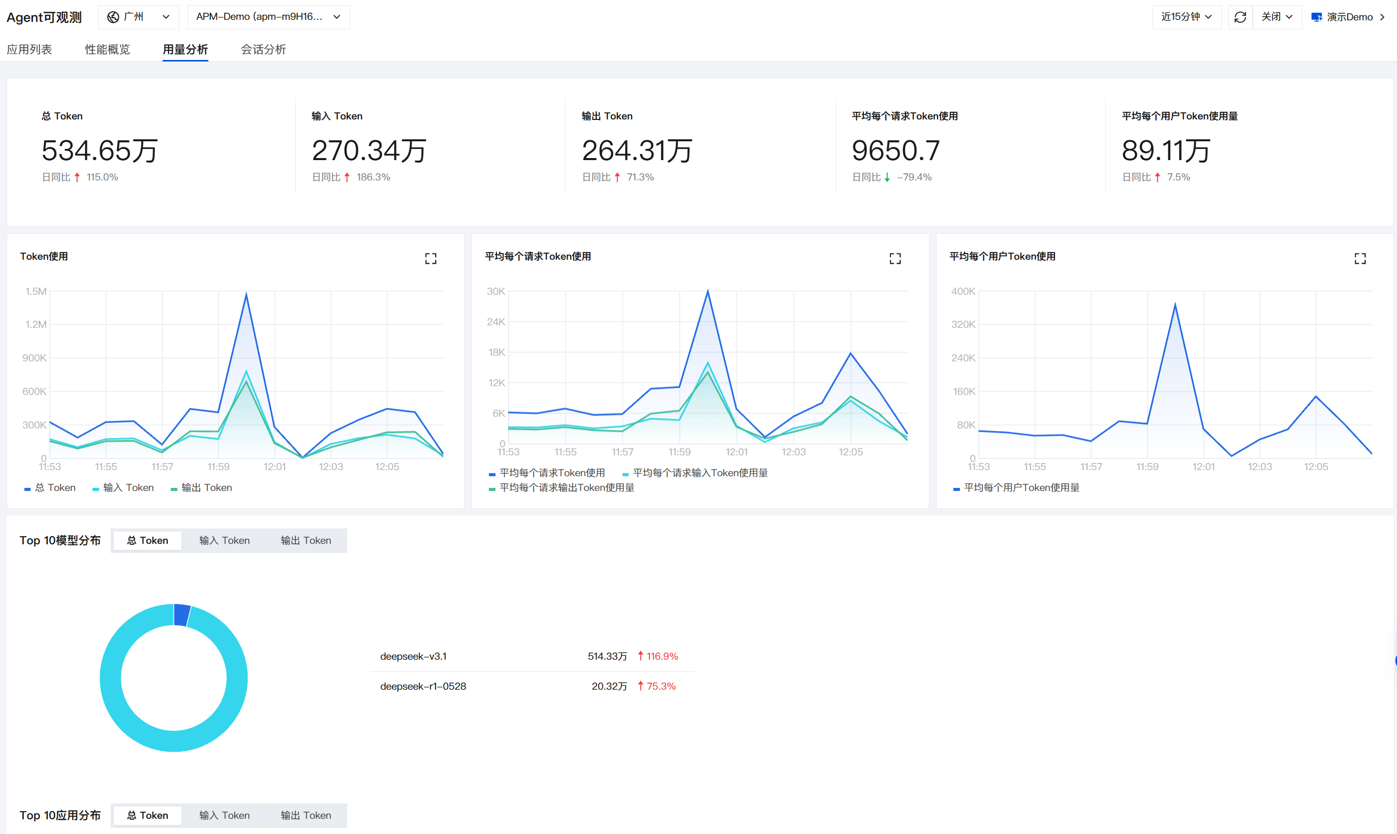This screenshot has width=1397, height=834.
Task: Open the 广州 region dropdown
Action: [138, 17]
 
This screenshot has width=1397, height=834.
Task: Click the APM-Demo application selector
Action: [268, 17]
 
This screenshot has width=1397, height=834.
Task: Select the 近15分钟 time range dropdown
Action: [1186, 17]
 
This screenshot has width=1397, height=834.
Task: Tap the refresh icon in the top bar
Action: [1240, 17]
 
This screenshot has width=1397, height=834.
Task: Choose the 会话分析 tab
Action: [263, 49]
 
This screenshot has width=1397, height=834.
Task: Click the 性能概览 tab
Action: [107, 49]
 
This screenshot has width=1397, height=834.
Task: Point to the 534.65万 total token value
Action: [100, 150]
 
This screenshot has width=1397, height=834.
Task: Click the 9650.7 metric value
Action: [896, 150]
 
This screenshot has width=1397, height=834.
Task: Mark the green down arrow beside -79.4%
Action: [887, 177]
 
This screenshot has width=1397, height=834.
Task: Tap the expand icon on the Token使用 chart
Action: [430, 259]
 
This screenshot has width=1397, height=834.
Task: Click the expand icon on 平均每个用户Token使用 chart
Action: [1360, 259]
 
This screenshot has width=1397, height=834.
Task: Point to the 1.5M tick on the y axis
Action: [36, 291]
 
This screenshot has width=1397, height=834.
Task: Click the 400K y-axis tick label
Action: [963, 291]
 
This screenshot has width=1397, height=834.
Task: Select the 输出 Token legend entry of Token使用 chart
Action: [201, 488]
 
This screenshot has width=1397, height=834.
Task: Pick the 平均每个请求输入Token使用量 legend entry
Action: [695, 473]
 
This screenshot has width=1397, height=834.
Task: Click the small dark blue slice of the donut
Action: [182, 615]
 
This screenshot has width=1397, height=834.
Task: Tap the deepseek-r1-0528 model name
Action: [423, 686]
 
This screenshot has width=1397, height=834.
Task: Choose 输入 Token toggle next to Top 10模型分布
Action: [224, 541]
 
